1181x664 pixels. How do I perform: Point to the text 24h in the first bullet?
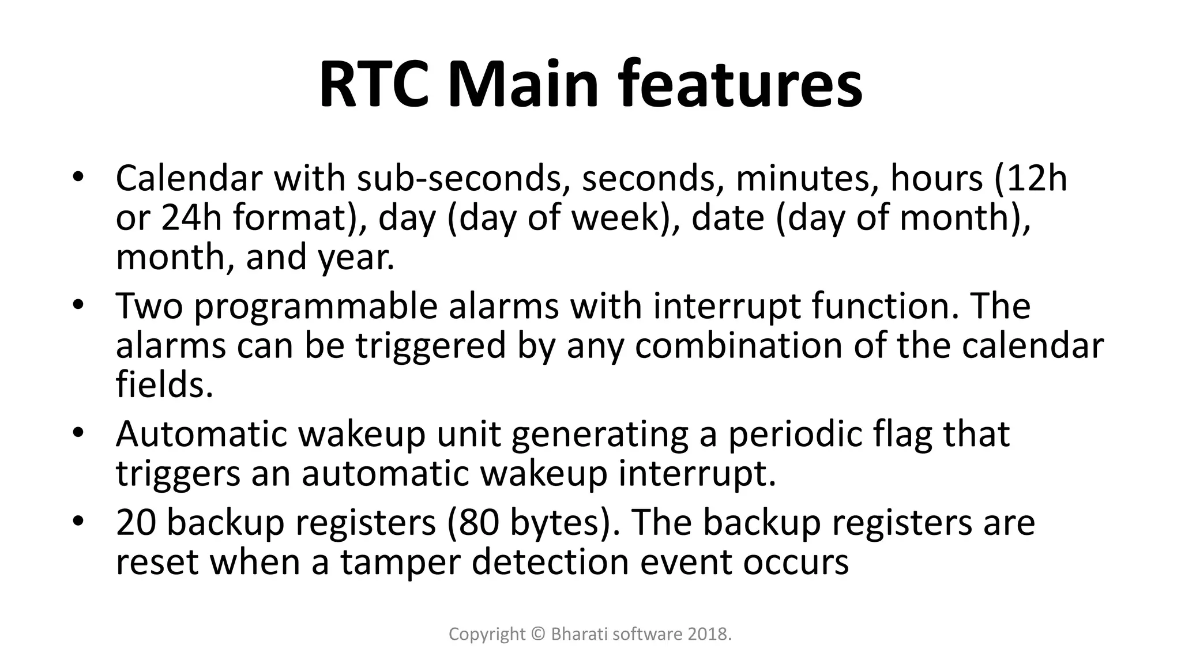(191, 218)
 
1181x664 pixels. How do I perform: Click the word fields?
(164, 386)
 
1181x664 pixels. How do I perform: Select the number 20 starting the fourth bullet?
(136, 523)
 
